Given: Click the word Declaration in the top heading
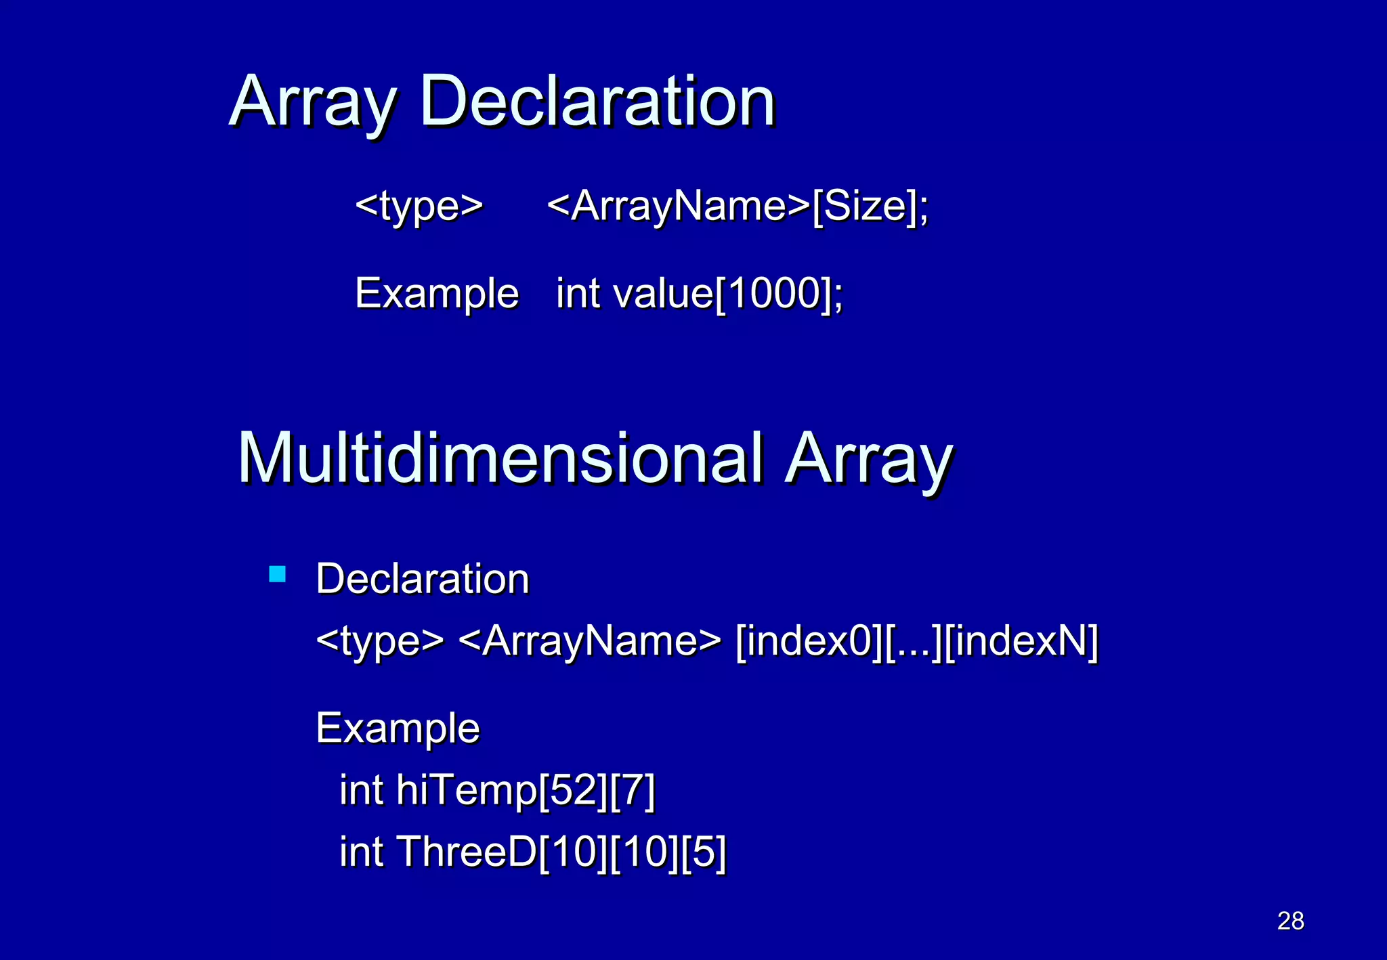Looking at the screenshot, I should click(597, 102).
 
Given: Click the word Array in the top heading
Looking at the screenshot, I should click(312, 102).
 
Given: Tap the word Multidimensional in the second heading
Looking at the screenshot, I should click(500, 458).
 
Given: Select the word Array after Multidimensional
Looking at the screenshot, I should click(869, 458).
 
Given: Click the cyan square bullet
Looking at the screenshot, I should click(278, 575).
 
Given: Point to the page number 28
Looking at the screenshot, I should click(1290, 921).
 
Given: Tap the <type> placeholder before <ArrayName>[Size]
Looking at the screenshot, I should click(419, 206).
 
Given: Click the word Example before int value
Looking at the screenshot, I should click(437, 294).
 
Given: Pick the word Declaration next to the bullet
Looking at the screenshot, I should click(423, 580).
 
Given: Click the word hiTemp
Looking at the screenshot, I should click(467, 790).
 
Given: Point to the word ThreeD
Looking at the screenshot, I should click(467, 852).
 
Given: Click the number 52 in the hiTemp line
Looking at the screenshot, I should click(574, 790).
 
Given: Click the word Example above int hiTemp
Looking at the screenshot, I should click(398, 728).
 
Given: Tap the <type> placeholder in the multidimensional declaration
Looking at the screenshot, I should click(380, 640).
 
